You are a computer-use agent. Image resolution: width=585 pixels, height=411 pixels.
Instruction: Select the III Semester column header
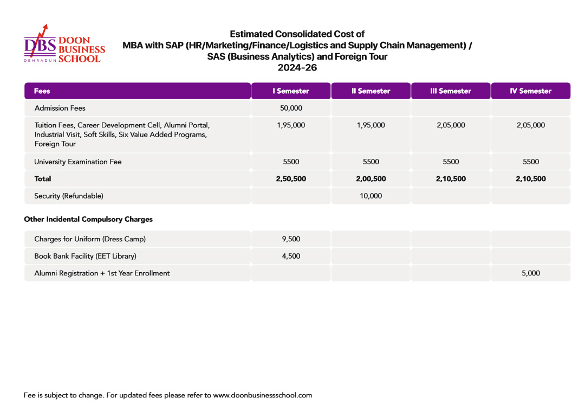point(451,91)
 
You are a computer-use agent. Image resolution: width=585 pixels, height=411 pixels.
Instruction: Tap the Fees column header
point(42,91)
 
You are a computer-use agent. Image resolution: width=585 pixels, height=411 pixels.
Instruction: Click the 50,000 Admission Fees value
point(291,108)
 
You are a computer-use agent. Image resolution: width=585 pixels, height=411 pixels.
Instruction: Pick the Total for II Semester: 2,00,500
point(371,178)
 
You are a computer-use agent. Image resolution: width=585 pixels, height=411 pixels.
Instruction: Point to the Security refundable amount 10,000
point(371,196)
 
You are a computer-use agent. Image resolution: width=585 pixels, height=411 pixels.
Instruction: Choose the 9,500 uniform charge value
point(291,239)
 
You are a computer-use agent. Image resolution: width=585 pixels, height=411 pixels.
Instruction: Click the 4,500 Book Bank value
point(291,256)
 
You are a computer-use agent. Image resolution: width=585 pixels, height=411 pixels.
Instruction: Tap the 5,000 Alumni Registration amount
point(531,273)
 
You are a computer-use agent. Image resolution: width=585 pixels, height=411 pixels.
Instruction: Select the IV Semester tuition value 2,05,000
point(531,125)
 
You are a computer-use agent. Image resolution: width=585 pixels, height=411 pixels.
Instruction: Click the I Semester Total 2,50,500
point(291,178)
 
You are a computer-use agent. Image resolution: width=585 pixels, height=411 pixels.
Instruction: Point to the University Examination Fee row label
point(78,162)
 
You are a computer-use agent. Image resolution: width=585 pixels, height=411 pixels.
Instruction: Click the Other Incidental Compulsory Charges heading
point(88,220)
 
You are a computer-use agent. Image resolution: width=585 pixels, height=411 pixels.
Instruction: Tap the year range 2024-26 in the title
point(297,68)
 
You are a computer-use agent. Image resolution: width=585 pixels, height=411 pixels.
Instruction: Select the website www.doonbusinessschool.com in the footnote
point(263,395)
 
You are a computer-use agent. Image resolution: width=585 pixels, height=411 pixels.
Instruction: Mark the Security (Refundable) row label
point(69,196)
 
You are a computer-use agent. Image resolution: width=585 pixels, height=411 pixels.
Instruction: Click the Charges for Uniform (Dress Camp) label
point(90,239)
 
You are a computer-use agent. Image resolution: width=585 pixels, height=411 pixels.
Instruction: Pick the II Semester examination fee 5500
point(371,162)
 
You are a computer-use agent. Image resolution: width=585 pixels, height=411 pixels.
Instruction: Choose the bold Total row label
point(43,178)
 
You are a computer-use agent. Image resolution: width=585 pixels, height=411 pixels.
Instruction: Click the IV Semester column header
point(531,91)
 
